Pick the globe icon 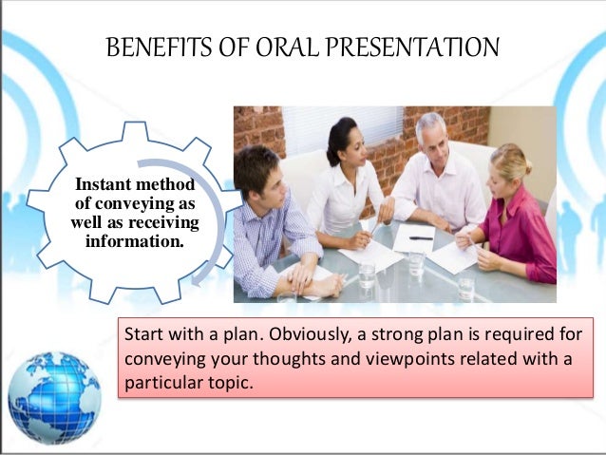pyautogui.click(x=54, y=398)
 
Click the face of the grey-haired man pyautogui.click(x=431, y=138)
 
